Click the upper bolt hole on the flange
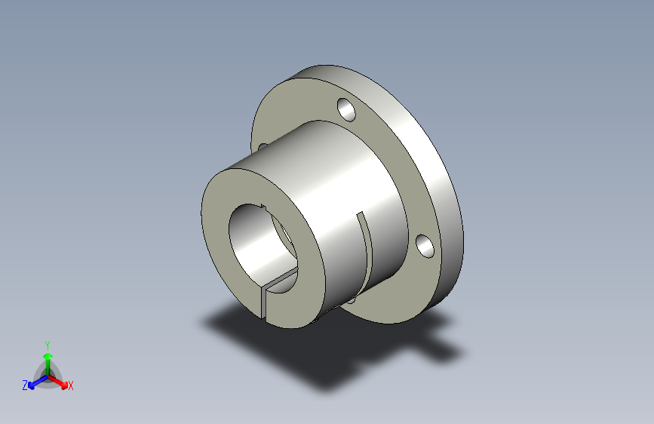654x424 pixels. click(346, 109)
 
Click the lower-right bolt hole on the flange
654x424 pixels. click(425, 246)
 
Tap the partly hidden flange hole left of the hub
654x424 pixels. click(263, 146)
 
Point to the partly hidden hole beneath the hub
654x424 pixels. click(352, 300)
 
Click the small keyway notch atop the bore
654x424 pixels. click(263, 206)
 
